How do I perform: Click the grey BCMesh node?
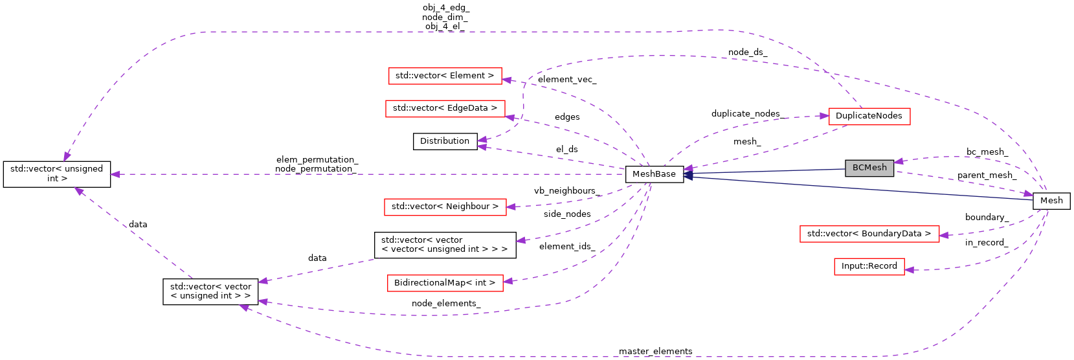(x=869, y=168)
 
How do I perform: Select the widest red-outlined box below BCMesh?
(x=869, y=234)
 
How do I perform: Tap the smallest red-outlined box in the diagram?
(x=869, y=267)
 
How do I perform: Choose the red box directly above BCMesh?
(x=869, y=117)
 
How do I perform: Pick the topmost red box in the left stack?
(x=445, y=76)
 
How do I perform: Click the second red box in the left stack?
(x=445, y=109)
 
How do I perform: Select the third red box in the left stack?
(x=445, y=207)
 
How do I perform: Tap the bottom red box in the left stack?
(x=445, y=284)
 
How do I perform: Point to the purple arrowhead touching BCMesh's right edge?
(x=899, y=161)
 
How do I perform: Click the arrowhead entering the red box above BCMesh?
(x=824, y=116)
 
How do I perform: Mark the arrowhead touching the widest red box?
(x=944, y=235)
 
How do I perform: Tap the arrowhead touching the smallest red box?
(x=909, y=269)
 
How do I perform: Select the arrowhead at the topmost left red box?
(x=507, y=80)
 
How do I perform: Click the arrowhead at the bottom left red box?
(x=508, y=281)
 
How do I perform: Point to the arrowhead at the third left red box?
(x=511, y=207)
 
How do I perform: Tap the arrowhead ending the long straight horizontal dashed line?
(x=115, y=174)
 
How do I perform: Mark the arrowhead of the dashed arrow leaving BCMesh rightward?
(x=1028, y=194)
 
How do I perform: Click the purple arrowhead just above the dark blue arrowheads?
(x=689, y=168)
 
